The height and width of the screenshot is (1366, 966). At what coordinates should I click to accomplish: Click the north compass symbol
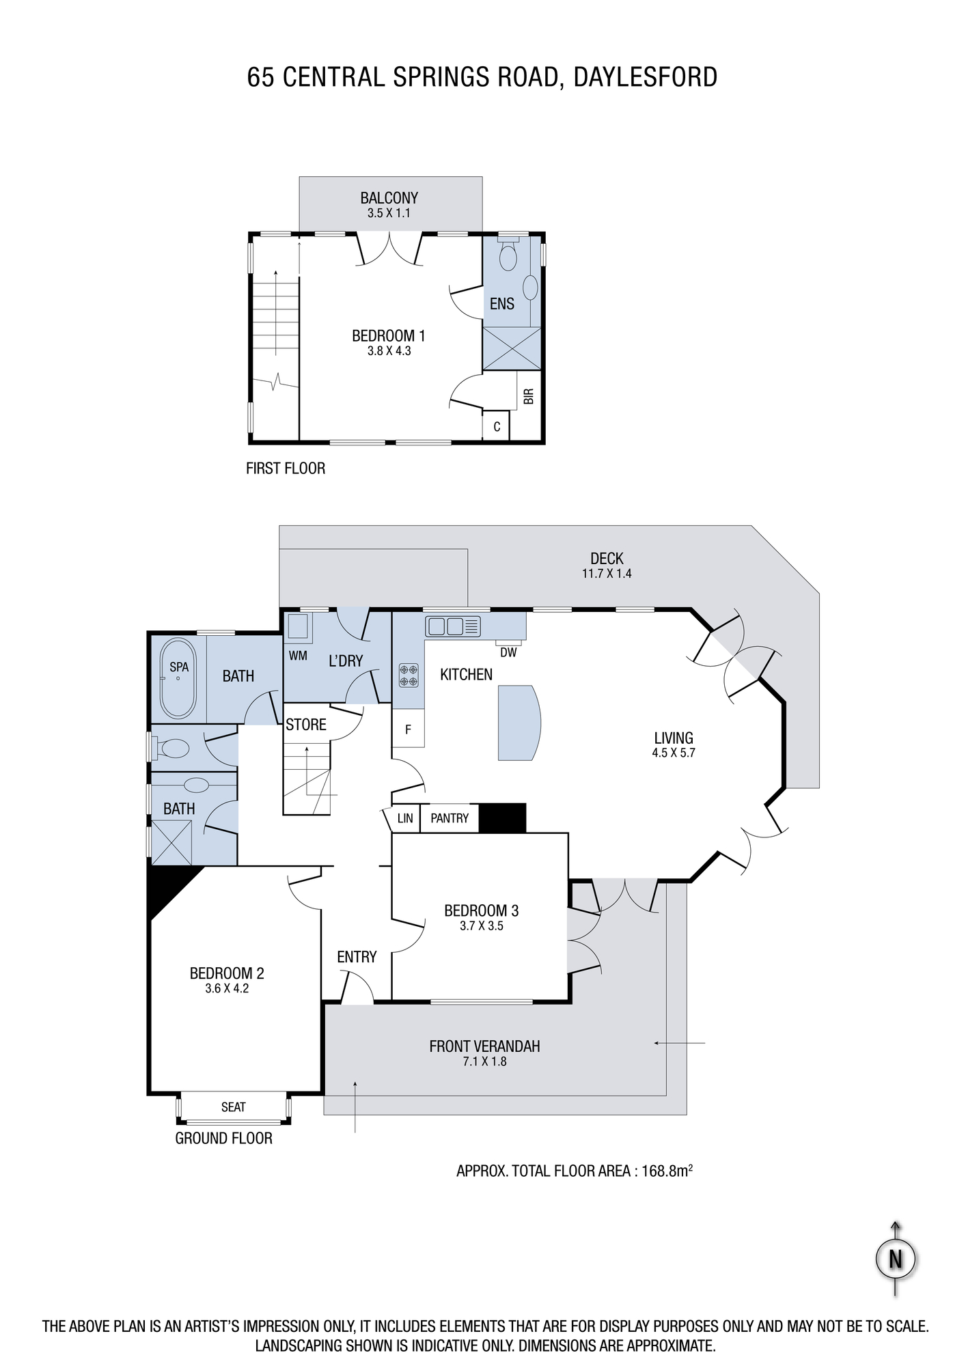[x=896, y=1258]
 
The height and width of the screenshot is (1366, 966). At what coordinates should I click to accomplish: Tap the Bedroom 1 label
[x=389, y=335]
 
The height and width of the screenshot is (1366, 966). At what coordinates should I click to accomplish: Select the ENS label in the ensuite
[x=502, y=304]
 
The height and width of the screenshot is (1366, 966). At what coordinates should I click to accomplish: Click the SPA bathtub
[x=178, y=678]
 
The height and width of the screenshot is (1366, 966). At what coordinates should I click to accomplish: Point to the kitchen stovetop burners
[x=408, y=675]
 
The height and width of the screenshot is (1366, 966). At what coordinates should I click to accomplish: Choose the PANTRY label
[x=450, y=818]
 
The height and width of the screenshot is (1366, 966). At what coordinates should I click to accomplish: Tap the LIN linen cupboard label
[x=405, y=818]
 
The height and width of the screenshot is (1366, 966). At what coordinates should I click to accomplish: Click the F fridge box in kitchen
[x=408, y=728]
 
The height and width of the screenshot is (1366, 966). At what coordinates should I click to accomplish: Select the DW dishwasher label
[x=508, y=652]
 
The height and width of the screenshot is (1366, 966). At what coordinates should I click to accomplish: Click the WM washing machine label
[x=298, y=656]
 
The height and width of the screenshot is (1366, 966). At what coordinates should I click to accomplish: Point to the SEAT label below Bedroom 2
[x=233, y=1107]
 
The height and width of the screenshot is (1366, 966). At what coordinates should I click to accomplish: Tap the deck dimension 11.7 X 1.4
[x=607, y=574]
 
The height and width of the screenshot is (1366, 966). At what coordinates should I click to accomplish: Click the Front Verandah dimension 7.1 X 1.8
[x=484, y=1062]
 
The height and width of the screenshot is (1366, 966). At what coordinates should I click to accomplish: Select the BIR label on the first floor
[x=528, y=397]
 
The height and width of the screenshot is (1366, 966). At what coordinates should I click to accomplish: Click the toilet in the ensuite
[x=508, y=254]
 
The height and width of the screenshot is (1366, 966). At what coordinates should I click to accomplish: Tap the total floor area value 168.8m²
[x=667, y=1170]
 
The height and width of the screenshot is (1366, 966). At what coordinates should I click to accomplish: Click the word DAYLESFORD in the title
[x=645, y=77]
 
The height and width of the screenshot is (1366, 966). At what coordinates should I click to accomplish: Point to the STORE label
[x=306, y=724]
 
